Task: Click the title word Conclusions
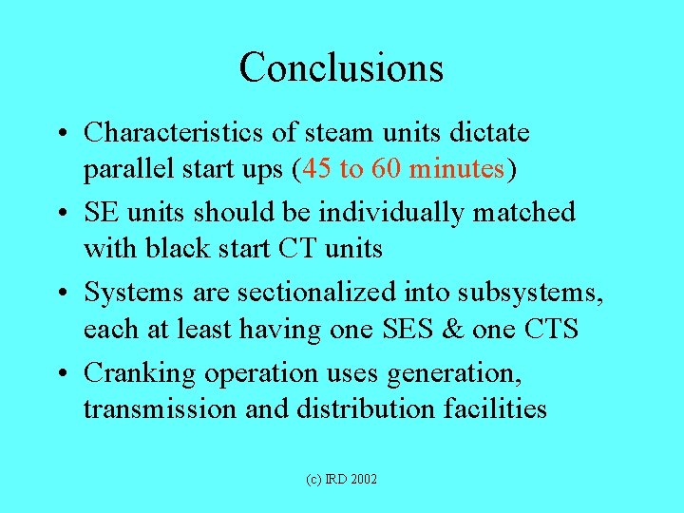point(341,67)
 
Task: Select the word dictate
point(486,132)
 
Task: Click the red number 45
point(320,170)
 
